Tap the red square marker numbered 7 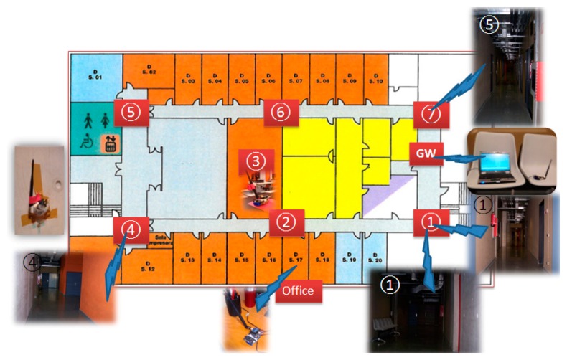[431, 113]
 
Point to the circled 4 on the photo [32, 262]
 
